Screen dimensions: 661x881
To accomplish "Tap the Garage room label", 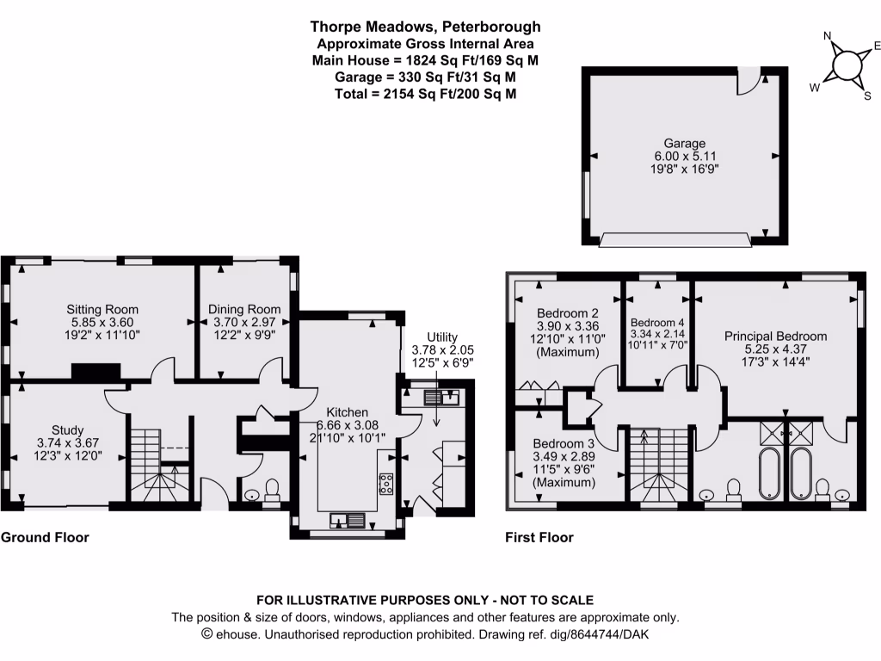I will (684, 143).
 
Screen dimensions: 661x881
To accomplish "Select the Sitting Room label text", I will (103, 309).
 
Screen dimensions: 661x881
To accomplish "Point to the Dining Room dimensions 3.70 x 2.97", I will (246, 322).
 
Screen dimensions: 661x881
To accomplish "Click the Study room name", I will (67, 429).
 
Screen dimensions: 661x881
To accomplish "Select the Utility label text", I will (443, 337).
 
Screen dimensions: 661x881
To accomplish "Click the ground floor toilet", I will (272, 490).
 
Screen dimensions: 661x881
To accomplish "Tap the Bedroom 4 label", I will (657, 321).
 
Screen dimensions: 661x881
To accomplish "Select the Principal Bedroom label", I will (775, 336).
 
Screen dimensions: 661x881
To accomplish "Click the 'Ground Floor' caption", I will (45, 537).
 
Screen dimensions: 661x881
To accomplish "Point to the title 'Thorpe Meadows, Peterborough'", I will (426, 28).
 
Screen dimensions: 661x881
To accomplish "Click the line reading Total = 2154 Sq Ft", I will (426, 93).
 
